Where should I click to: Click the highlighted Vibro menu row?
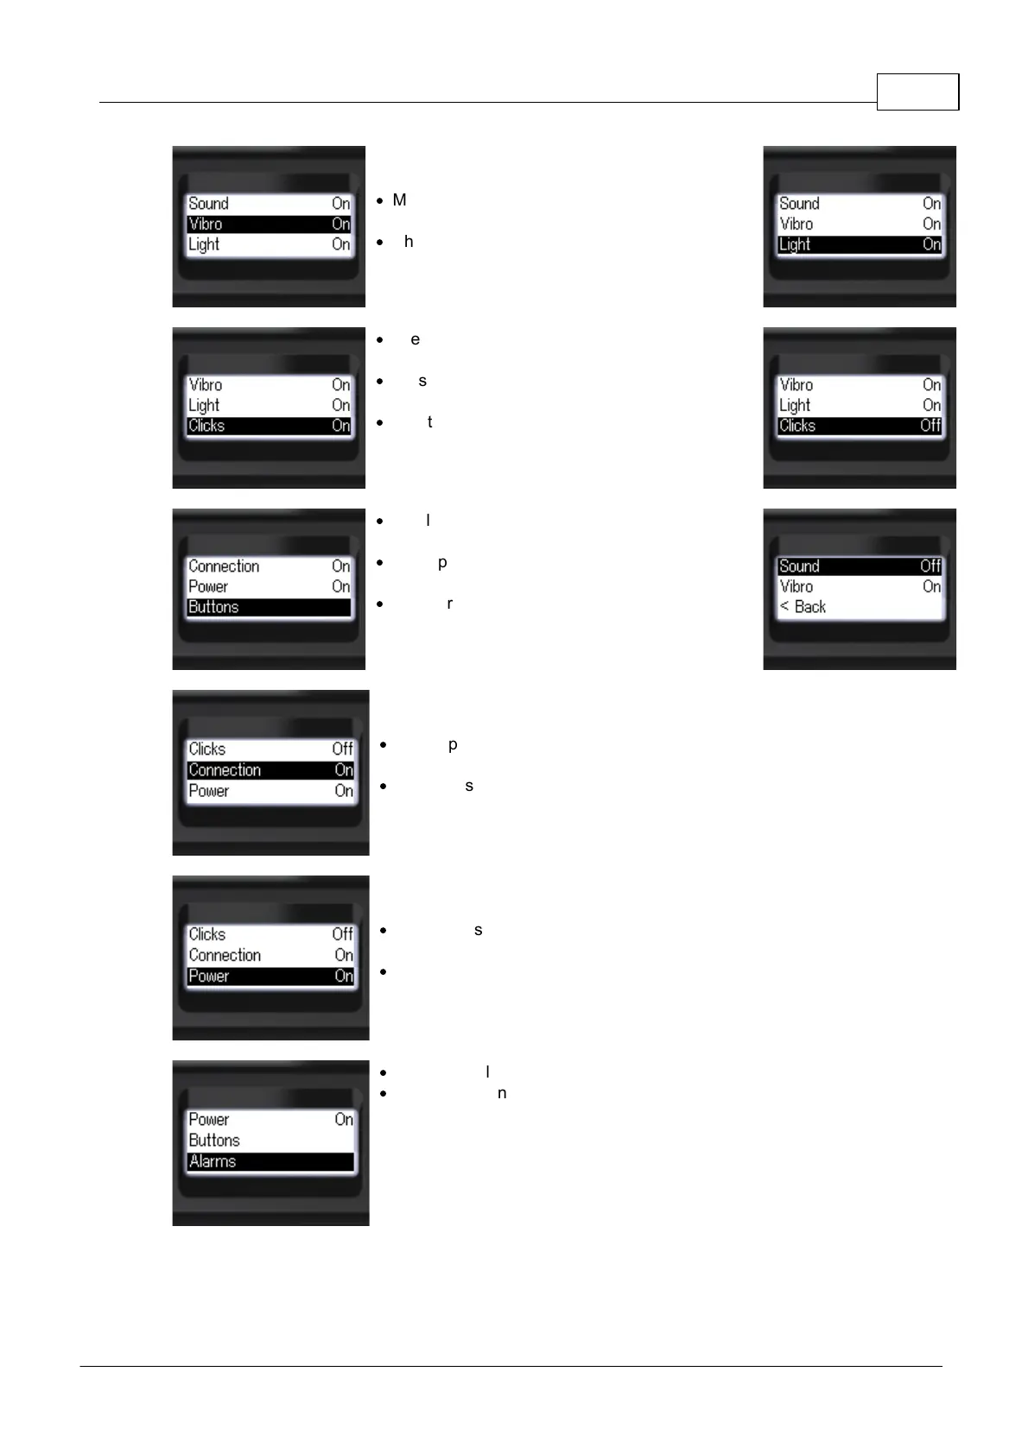269,224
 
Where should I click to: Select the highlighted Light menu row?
860,244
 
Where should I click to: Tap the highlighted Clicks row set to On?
269,426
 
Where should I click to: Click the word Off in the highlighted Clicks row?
930,426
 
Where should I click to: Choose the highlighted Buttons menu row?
269,607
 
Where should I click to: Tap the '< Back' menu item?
803,607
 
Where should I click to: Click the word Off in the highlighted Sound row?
930,566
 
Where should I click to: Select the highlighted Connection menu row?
270,769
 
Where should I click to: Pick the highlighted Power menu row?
270,976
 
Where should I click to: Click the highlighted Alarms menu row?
270,1161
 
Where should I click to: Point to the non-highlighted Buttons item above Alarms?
214,1140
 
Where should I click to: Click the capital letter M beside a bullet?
399,200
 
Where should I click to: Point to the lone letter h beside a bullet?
409,242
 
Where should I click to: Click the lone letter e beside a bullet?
416,339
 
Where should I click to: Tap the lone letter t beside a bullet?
429,422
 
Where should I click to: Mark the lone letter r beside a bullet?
449,604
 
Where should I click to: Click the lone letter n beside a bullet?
502,1093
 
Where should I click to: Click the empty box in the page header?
917,92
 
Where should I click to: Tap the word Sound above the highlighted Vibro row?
208,204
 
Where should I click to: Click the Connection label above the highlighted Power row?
225,955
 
